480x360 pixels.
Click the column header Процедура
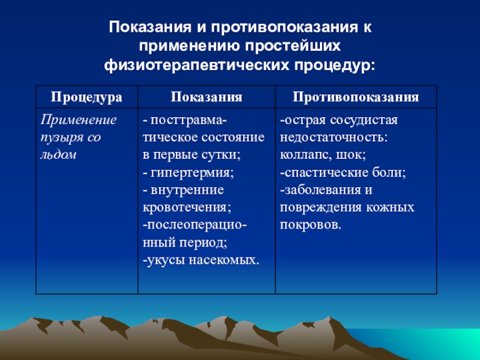[x=86, y=97]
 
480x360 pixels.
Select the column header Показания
[x=206, y=97]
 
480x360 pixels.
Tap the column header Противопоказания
[x=356, y=97]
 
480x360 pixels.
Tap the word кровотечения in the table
[x=185, y=208]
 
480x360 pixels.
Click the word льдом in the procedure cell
[x=58, y=155]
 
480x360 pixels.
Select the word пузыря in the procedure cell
[x=60, y=138]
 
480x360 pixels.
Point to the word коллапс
[x=304, y=155]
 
